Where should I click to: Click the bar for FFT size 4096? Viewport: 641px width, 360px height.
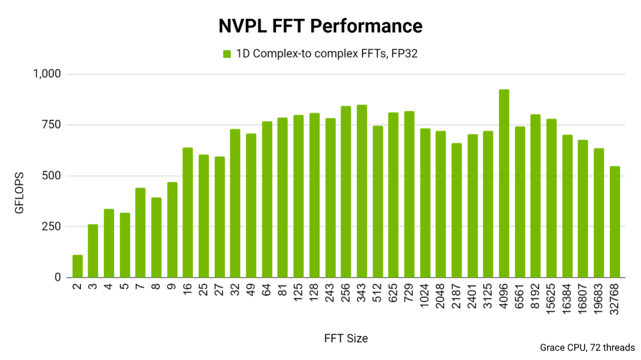[x=504, y=183]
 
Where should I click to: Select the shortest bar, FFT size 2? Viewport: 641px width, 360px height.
[x=77, y=266]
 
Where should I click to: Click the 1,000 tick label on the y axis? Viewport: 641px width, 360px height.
[x=47, y=74]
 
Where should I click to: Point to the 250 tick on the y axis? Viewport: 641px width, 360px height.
[x=50, y=227]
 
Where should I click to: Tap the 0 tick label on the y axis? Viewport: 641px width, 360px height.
[x=57, y=278]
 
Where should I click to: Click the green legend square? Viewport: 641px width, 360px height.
[x=227, y=54]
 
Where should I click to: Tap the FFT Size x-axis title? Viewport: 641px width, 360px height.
[x=345, y=338]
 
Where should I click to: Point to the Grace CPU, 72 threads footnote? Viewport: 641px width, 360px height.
[x=587, y=348]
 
